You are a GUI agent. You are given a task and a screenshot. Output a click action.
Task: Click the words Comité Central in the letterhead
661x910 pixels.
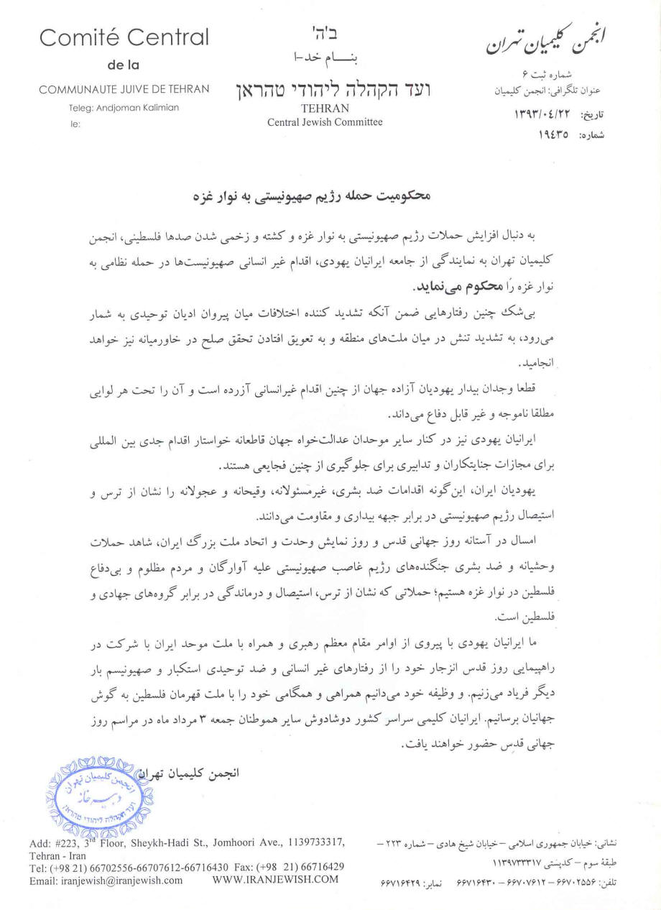pos(124,37)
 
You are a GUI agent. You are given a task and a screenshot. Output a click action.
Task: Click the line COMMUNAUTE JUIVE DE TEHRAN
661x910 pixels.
pos(124,89)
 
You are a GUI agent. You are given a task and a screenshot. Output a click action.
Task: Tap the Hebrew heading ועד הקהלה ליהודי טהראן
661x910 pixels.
pos(329,91)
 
